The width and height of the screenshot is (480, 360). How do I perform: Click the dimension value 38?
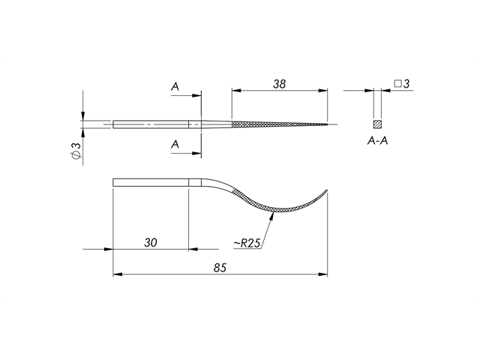pos(280,85)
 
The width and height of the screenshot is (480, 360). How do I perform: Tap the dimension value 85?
pos(220,268)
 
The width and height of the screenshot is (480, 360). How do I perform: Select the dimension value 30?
pos(150,242)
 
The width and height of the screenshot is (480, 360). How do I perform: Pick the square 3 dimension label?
pos(401,84)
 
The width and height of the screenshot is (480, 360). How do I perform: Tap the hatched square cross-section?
pos(377,123)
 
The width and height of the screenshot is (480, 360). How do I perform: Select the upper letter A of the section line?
pos(175,88)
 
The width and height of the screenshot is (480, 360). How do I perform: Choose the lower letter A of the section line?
pos(175,143)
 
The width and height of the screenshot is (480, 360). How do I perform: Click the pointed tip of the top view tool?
pos(328,124)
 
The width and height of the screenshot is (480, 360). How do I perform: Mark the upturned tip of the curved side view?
pos(327,188)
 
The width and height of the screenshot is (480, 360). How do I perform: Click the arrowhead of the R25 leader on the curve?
pos(274,214)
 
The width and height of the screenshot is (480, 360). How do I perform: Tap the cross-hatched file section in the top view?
pos(270,124)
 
